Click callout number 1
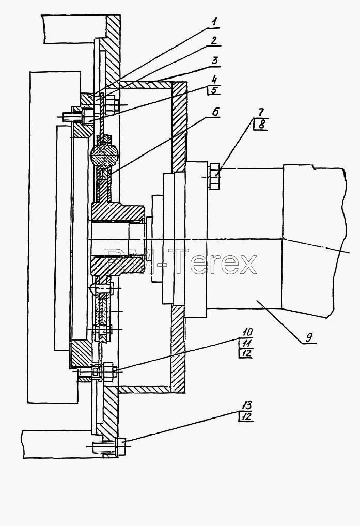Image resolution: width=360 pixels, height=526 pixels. [x=215, y=22]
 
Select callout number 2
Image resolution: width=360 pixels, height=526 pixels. [x=214, y=41]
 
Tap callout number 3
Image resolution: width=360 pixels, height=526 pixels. [x=215, y=60]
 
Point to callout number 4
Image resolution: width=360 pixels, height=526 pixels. [x=214, y=80]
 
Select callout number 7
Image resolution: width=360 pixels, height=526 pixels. [x=260, y=112]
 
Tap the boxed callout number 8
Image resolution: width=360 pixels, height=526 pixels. [x=261, y=124]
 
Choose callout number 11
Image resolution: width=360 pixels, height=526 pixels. [x=246, y=343]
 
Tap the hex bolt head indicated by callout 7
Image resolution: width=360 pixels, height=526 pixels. [x=214, y=176]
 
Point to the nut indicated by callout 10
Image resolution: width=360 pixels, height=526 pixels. [x=109, y=372]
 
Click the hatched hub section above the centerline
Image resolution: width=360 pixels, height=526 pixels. [x=117, y=211]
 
